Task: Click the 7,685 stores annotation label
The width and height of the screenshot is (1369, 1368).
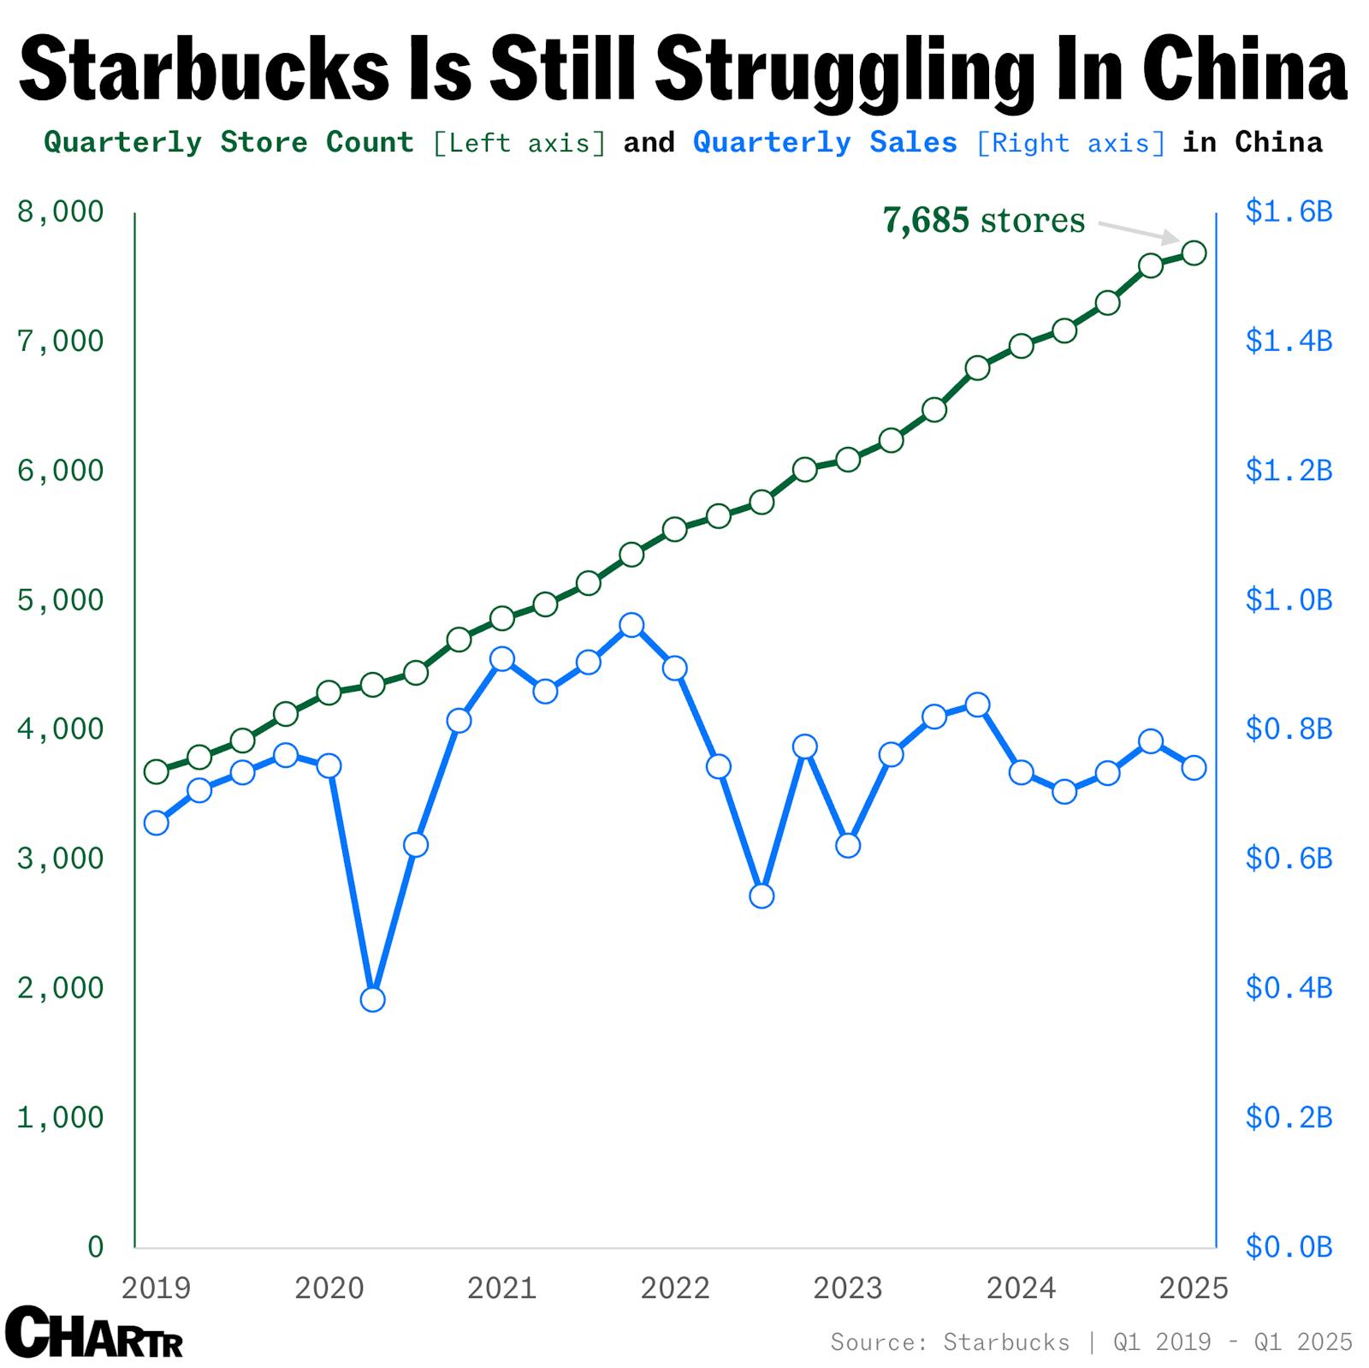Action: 983,221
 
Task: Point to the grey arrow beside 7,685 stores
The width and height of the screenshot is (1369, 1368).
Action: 1139,232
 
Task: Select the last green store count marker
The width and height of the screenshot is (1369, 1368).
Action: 1194,253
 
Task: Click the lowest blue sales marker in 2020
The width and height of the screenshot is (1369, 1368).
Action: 372,999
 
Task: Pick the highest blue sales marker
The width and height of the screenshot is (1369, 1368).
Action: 631,625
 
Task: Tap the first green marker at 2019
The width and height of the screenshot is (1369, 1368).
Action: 156,771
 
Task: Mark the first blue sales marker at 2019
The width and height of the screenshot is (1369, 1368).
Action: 156,823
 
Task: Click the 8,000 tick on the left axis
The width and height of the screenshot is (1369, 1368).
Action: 60,211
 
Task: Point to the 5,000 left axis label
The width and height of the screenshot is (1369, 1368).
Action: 60,600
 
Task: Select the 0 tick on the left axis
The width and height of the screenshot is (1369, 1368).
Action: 95,1246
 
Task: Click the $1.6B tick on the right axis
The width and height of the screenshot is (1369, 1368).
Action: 1289,211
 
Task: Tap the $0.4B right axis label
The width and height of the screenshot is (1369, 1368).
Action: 1289,988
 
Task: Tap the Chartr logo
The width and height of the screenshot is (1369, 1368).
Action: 93,1332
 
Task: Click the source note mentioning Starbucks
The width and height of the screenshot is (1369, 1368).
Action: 1091,1341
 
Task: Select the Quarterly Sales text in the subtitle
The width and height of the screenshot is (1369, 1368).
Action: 825,142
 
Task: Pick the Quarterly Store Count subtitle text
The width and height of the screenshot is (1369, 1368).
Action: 228,142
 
